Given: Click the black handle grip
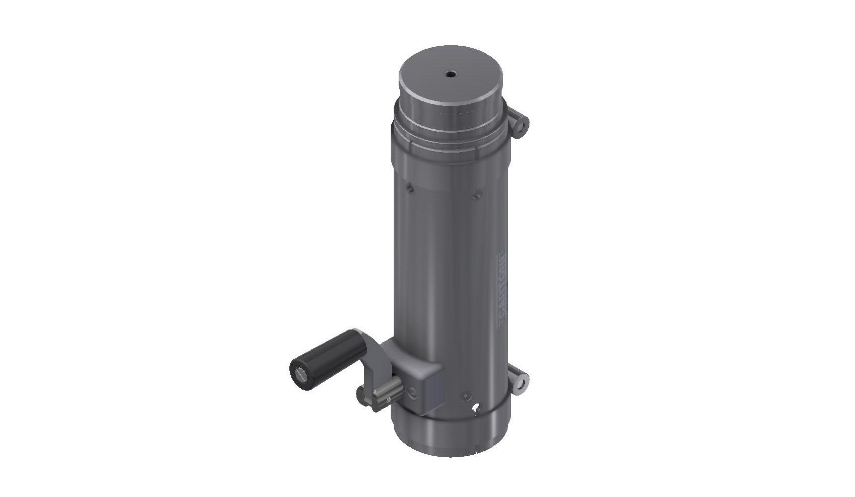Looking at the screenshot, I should [316, 358].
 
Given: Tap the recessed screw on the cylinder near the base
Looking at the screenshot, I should [464, 396].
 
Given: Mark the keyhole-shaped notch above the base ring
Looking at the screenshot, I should [477, 408].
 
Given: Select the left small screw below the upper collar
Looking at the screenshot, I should [409, 188].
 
